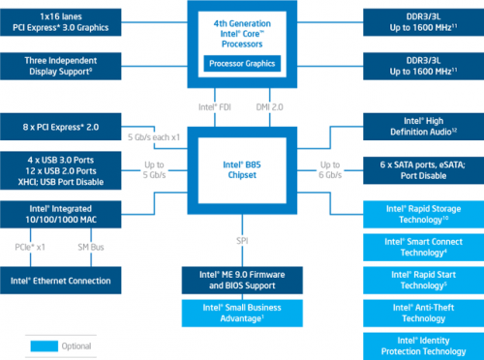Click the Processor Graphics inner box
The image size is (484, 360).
click(x=240, y=64)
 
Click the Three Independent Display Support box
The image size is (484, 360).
click(x=60, y=66)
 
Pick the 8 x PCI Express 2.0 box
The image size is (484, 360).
click(x=60, y=126)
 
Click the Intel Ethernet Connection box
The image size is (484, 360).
click(x=60, y=281)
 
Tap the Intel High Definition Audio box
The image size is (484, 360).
click(x=422, y=126)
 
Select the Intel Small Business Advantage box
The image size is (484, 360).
click(x=240, y=311)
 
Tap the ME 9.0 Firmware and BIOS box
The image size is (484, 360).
click(x=240, y=281)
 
